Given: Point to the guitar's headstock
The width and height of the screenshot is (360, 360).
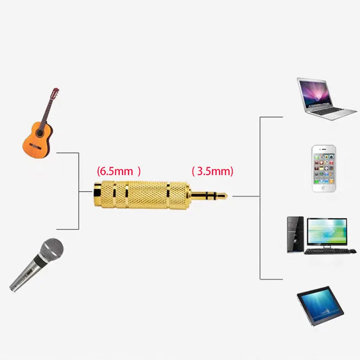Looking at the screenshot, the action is [55, 93].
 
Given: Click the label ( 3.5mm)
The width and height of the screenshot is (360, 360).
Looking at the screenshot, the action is [212, 171].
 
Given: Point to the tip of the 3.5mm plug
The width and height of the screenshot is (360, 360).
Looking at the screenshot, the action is [225, 196].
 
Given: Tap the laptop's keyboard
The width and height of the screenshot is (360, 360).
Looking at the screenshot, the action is [328, 111].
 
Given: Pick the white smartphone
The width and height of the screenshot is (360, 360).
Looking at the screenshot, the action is [324, 169].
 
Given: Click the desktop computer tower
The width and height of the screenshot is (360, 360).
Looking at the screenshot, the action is [295, 234].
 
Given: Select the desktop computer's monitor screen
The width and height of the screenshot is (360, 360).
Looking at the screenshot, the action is [327, 231].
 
